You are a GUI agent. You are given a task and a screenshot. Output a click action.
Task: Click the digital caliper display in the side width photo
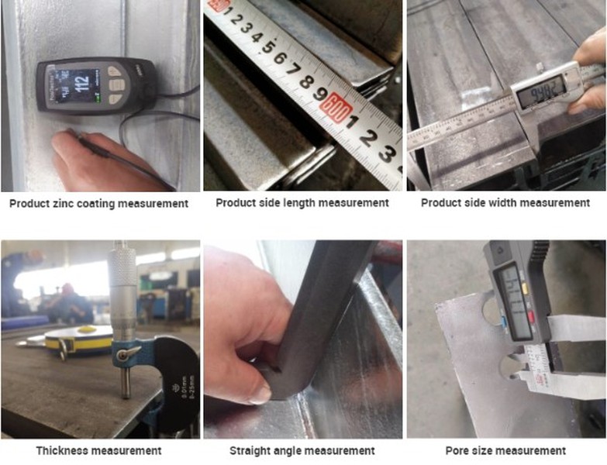click(x=540, y=93)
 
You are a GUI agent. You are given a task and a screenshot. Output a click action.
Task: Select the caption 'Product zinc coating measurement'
click(x=98, y=204)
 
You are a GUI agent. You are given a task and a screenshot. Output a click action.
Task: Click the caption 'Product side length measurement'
click(x=302, y=203)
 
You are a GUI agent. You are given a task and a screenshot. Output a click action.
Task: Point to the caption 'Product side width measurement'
click(x=505, y=203)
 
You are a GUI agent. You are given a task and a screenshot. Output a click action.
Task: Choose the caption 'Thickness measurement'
click(x=98, y=450)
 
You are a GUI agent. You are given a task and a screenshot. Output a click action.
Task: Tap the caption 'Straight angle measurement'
click(x=302, y=450)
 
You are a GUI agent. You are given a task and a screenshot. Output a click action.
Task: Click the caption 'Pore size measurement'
click(x=505, y=450)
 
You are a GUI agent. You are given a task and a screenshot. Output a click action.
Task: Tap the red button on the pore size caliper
click(x=530, y=316)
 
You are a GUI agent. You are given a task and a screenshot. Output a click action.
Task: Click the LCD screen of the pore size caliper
click(x=511, y=298)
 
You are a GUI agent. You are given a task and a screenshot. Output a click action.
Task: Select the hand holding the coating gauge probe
click(x=93, y=159)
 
